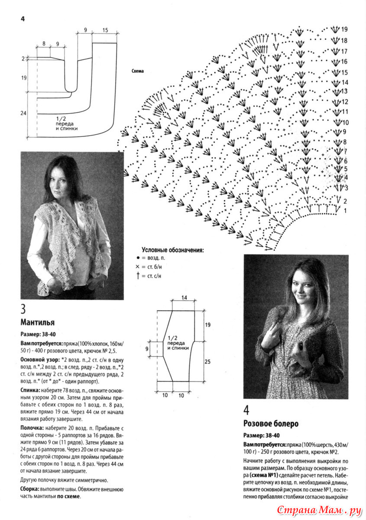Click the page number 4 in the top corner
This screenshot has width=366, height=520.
[x=23, y=19]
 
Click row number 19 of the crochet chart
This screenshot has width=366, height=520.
[x=344, y=29]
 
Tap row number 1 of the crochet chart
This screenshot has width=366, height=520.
[x=345, y=211]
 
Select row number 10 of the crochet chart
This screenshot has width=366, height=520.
[x=345, y=123]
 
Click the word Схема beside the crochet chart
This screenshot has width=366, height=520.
[x=137, y=71]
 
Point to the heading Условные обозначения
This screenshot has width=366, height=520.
[x=173, y=250]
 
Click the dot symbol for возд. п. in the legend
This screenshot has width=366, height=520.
[x=138, y=258]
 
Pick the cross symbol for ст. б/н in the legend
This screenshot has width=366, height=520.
[x=138, y=267]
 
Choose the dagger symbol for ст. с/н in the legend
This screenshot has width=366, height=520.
[x=138, y=276]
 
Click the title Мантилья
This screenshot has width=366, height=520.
[x=37, y=322]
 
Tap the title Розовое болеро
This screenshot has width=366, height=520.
[x=271, y=423]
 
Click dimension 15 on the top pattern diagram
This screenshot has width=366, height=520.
[x=105, y=30]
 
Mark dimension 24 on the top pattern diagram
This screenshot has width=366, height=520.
[x=24, y=113]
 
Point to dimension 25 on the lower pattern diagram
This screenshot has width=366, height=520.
[x=207, y=361]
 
